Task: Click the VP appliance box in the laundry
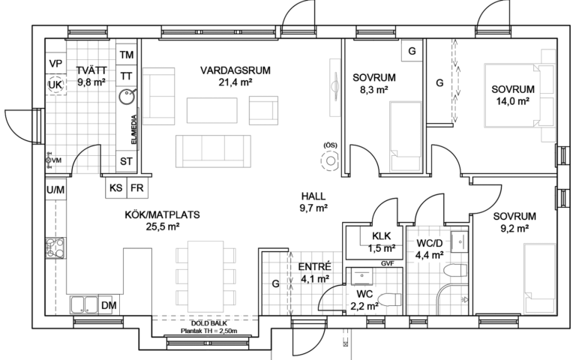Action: pos(55,64)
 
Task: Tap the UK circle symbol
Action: pos(55,85)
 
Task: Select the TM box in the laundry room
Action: pos(126,55)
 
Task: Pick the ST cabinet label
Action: pos(126,161)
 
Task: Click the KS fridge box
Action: pos(116,187)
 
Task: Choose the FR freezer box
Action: pos(137,187)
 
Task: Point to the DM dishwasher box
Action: pos(109,305)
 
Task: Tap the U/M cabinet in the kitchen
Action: pos(55,190)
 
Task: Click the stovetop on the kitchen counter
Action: pos(55,247)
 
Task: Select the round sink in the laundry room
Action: pos(127,97)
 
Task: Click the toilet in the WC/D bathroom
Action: pos(455,271)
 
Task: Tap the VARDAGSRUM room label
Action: pos(235,70)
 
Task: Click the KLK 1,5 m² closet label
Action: pos(382,242)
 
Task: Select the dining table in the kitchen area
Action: pos(205,276)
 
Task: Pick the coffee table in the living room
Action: pos(212,109)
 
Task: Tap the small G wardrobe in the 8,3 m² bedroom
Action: pos(412,51)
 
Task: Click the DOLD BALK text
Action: pos(209,324)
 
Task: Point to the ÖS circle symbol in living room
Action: pos(330,161)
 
